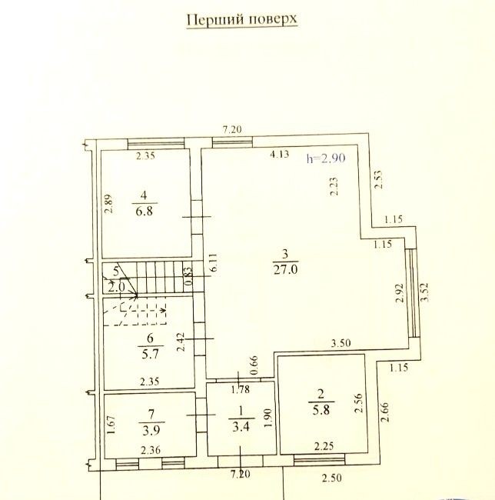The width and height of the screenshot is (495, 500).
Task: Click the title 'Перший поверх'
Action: (242, 20)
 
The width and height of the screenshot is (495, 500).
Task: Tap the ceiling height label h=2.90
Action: (326, 158)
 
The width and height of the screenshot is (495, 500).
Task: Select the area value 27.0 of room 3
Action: (285, 269)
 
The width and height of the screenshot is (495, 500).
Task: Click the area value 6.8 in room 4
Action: (145, 211)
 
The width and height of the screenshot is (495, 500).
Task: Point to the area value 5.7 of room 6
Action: (150, 354)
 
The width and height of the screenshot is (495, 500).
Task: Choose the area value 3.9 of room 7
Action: (151, 431)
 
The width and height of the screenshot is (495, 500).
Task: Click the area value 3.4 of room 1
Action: (241, 426)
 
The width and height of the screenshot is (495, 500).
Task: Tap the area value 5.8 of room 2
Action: (321, 409)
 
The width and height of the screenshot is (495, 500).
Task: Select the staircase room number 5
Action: (116, 272)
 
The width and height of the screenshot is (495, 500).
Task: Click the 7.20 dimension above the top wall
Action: (232, 129)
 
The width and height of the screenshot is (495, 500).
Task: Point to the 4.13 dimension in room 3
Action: (279, 155)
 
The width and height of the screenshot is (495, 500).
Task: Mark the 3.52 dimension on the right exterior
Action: (425, 292)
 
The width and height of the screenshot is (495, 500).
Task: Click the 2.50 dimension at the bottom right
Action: (331, 478)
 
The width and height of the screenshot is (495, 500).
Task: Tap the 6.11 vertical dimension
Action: (214, 262)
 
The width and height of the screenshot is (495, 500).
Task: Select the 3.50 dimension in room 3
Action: (341, 343)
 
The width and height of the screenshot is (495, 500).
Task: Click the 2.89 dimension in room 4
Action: (108, 204)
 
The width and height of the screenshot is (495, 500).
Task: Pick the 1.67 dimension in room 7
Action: (111, 425)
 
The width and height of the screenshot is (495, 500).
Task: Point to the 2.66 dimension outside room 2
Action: (385, 412)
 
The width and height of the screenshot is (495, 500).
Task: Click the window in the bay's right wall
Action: (413, 293)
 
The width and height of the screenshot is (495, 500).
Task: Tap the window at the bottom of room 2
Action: (319, 459)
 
